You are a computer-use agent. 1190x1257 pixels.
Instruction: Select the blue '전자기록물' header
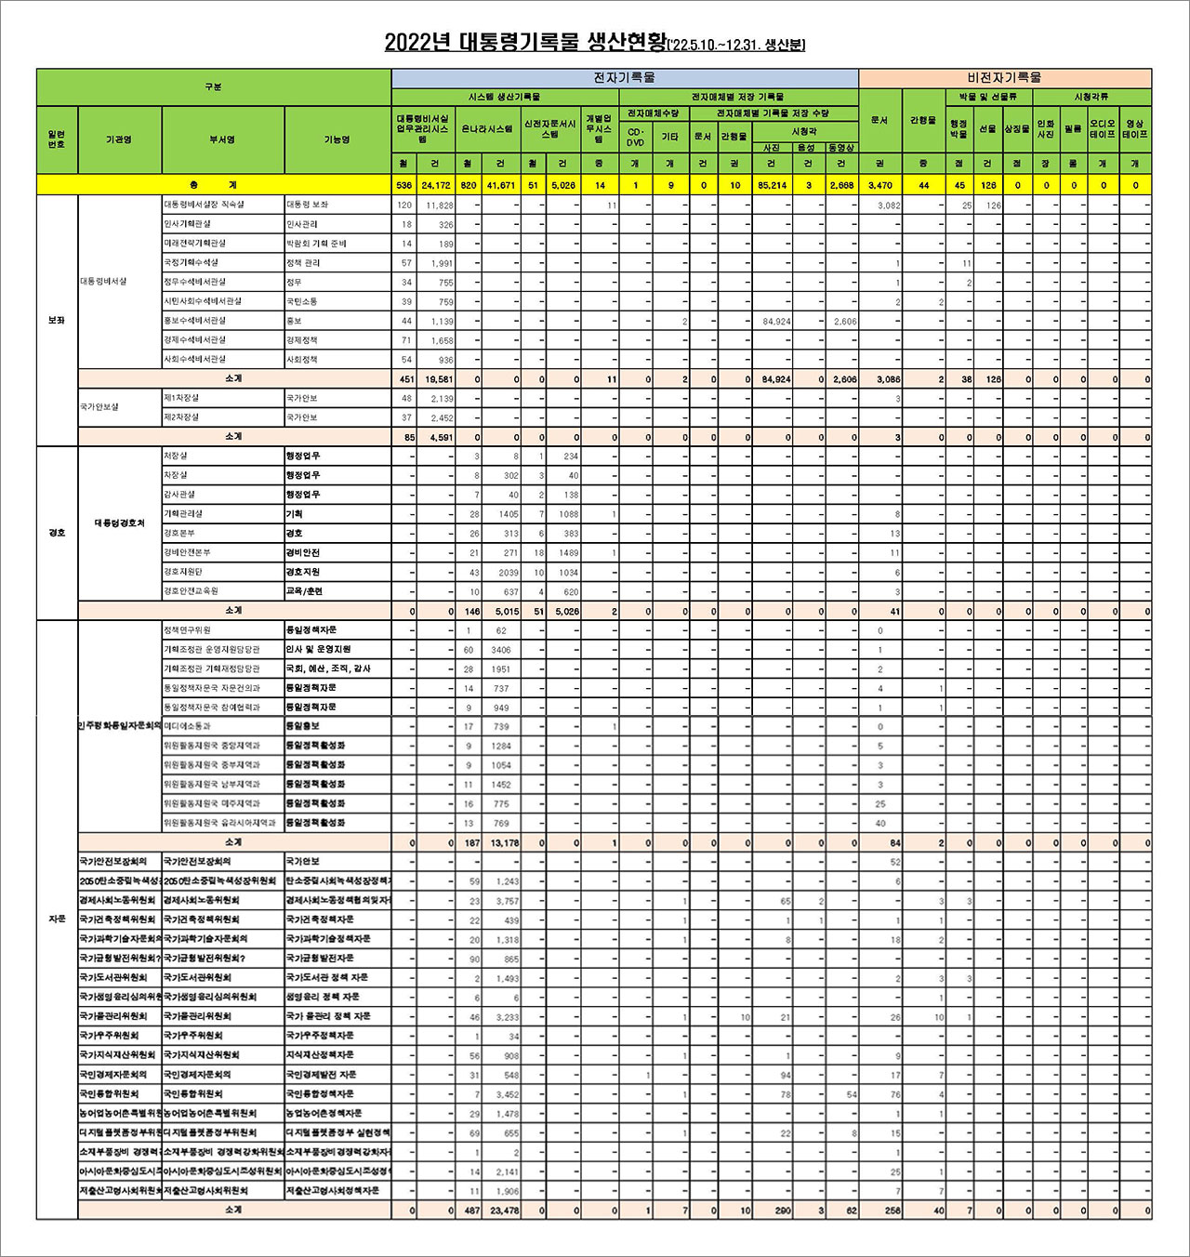coord(624,78)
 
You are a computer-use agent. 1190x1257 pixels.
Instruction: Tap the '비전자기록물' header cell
coord(1004,78)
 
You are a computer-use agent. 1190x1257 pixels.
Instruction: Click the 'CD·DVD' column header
coord(635,138)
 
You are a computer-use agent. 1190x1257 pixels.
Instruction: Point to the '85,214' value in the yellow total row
coord(772,185)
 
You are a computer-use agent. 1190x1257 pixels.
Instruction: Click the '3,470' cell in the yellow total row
coord(879,185)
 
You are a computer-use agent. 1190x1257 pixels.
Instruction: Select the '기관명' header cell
coord(119,139)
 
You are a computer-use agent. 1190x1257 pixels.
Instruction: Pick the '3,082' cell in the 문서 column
coord(889,205)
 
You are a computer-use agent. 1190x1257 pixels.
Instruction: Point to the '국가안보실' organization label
coord(99,407)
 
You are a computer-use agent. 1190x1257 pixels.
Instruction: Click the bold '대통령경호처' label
coord(120,523)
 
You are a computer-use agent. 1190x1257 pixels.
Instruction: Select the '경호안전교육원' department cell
coord(192,591)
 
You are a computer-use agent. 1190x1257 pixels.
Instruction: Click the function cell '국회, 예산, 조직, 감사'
coord(327,668)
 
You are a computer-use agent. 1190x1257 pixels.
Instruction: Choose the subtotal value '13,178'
coord(504,843)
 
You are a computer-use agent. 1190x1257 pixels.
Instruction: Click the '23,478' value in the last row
coord(504,1211)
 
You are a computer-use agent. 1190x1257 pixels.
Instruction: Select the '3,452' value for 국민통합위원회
coord(507,1094)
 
